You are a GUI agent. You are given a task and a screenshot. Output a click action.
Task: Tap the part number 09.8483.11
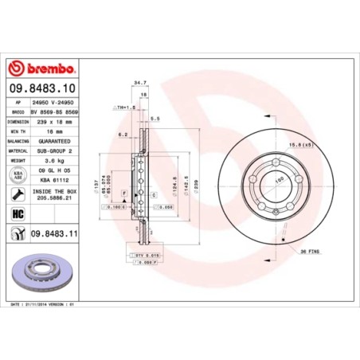pos(58,233)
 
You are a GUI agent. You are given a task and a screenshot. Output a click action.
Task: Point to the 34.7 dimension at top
pos(141,82)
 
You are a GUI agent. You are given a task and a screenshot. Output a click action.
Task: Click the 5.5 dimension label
pos(155,119)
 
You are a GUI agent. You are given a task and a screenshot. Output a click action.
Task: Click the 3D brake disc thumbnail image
pos(49,274)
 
